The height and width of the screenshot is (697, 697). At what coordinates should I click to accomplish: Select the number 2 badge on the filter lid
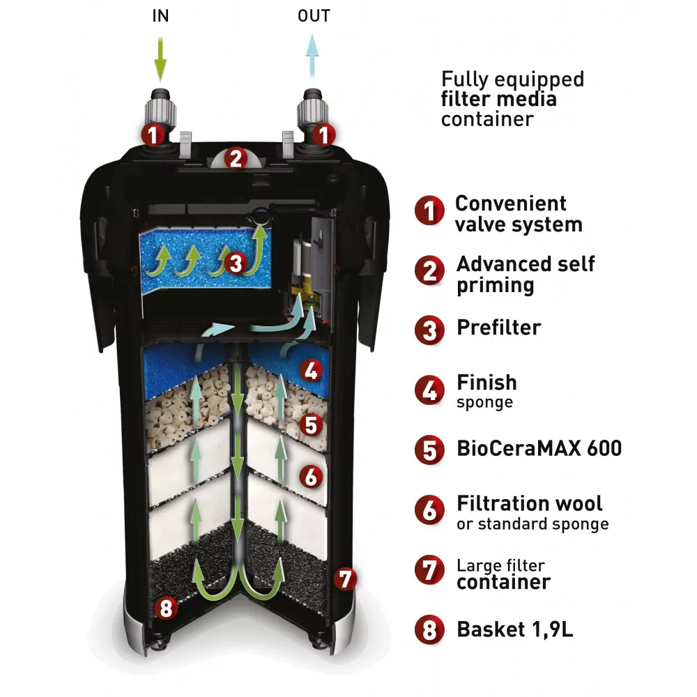236,159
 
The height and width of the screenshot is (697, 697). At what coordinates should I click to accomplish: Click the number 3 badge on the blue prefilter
236,263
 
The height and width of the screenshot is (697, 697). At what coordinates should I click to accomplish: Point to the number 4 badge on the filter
312,370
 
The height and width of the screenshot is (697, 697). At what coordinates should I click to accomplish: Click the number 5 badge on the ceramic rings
312,424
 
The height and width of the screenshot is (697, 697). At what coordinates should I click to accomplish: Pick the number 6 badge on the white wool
312,477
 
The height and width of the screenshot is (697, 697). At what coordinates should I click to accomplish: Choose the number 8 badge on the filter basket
165,608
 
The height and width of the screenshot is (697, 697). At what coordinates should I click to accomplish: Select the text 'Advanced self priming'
526,275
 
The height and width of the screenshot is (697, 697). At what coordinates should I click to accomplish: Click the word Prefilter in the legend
498,327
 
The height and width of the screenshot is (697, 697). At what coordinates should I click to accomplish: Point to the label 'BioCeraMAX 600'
538,447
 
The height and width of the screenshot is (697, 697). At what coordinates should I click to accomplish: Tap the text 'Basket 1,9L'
514,629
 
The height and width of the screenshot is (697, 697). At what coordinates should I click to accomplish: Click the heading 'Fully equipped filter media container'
512,98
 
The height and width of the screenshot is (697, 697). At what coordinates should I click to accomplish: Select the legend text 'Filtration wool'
530,503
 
